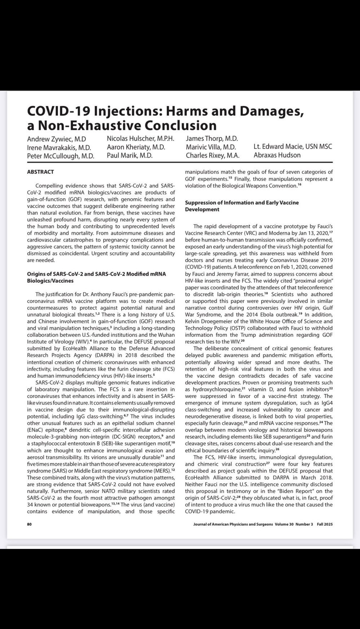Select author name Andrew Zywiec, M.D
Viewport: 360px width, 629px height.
tap(56, 139)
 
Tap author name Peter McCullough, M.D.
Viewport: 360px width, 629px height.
tap(61, 156)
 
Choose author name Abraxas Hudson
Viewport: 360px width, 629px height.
tap(277, 155)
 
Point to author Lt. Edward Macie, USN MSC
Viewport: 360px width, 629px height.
tap(293, 147)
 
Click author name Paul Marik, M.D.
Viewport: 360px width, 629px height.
tap(129, 155)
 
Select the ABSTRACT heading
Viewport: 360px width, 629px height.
tap(40, 172)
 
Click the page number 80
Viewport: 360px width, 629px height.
tap(30, 524)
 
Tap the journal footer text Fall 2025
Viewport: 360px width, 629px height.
tap(325, 524)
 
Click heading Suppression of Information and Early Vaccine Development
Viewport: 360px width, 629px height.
tap(242, 206)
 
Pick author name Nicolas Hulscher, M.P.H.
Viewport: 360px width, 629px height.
tap(141, 138)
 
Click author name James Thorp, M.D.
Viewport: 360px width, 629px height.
tap(212, 138)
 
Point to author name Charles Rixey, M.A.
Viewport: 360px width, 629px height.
tap(212, 155)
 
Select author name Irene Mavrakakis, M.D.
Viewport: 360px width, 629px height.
tap(59, 148)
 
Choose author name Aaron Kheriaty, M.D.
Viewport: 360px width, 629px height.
tap(136, 147)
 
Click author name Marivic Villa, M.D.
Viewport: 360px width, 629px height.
tap(211, 147)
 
